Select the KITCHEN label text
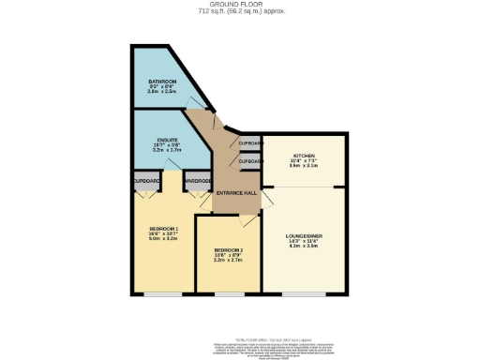[x=305, y=156]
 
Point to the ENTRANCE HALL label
[x=236, y=193]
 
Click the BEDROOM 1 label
[x=164, y=230]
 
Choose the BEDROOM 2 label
[x=229, y=249]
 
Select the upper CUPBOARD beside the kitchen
[x=250, y=143]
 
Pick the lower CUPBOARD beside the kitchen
[x=250, y=161]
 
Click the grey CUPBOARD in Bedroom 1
[x=146, y=180]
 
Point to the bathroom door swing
[x=195, y=102]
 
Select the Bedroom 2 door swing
[x=247, y=218]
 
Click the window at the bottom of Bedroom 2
[x=229, y=294]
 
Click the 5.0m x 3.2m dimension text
[x=164, y=239]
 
